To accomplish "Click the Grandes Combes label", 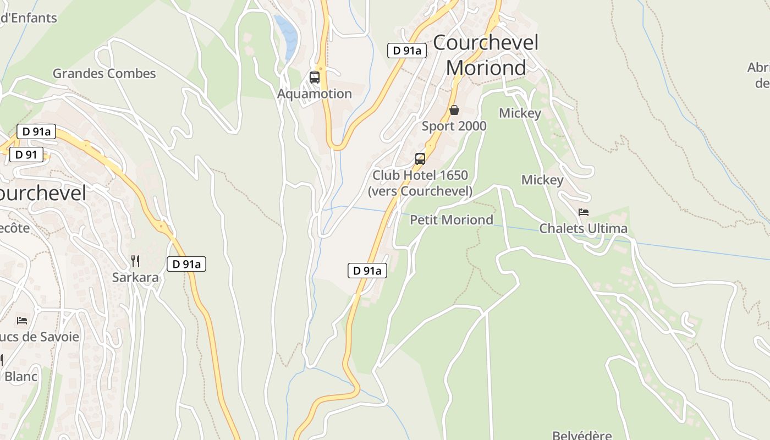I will click(104, 73).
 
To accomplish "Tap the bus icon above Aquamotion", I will click(315, 78).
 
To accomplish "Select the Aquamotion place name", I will click(315, 94).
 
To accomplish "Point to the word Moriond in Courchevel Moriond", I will click(486, 68).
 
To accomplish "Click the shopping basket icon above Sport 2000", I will click(454, 110).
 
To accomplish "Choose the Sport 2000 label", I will click(454, 126).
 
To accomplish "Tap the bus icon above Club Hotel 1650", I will click(420, 159).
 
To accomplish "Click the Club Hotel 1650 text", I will click(420, 175).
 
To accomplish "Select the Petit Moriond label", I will click(452, 220).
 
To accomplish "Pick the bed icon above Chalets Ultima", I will click(584, 212).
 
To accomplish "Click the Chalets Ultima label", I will click(583, 228).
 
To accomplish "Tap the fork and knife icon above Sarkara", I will click(135, 261).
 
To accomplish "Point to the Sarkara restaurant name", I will click(135, 277).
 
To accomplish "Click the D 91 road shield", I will click(26, 155).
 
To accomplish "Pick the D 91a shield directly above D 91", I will click(36, 131).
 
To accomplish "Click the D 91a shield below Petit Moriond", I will click(367, 271).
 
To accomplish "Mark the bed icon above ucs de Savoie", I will click(22, 320).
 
